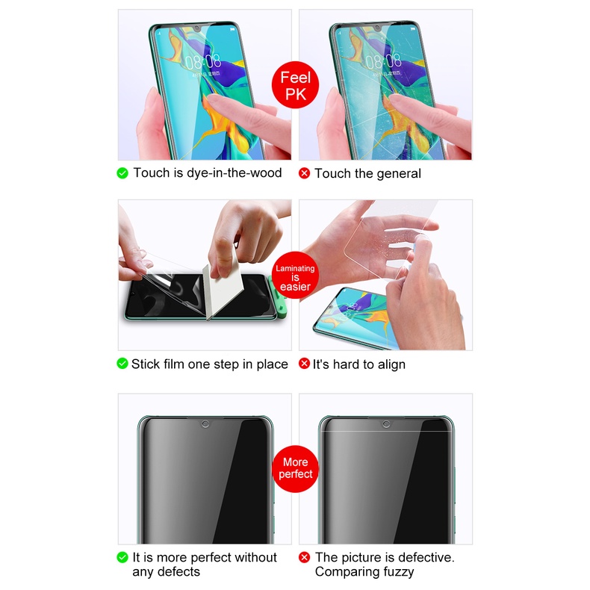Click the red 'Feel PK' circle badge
coord(295,85)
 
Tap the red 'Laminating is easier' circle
coord(296,275)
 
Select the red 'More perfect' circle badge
coord(296,469)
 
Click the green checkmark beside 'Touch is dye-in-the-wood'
coord(122,173)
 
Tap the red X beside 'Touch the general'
coord(304,173)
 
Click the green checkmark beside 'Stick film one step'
coord(122,364)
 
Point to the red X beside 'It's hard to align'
coord(304,364)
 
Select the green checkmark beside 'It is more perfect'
coord(122,557)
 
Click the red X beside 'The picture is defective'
coord(304,557)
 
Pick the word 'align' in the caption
coord(391,364)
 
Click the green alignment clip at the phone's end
coord(278,296)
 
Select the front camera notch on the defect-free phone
coord(205,424)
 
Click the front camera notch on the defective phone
coord(386,424)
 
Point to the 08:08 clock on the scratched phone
coord(383,61)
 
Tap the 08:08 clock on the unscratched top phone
coord(203,61)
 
